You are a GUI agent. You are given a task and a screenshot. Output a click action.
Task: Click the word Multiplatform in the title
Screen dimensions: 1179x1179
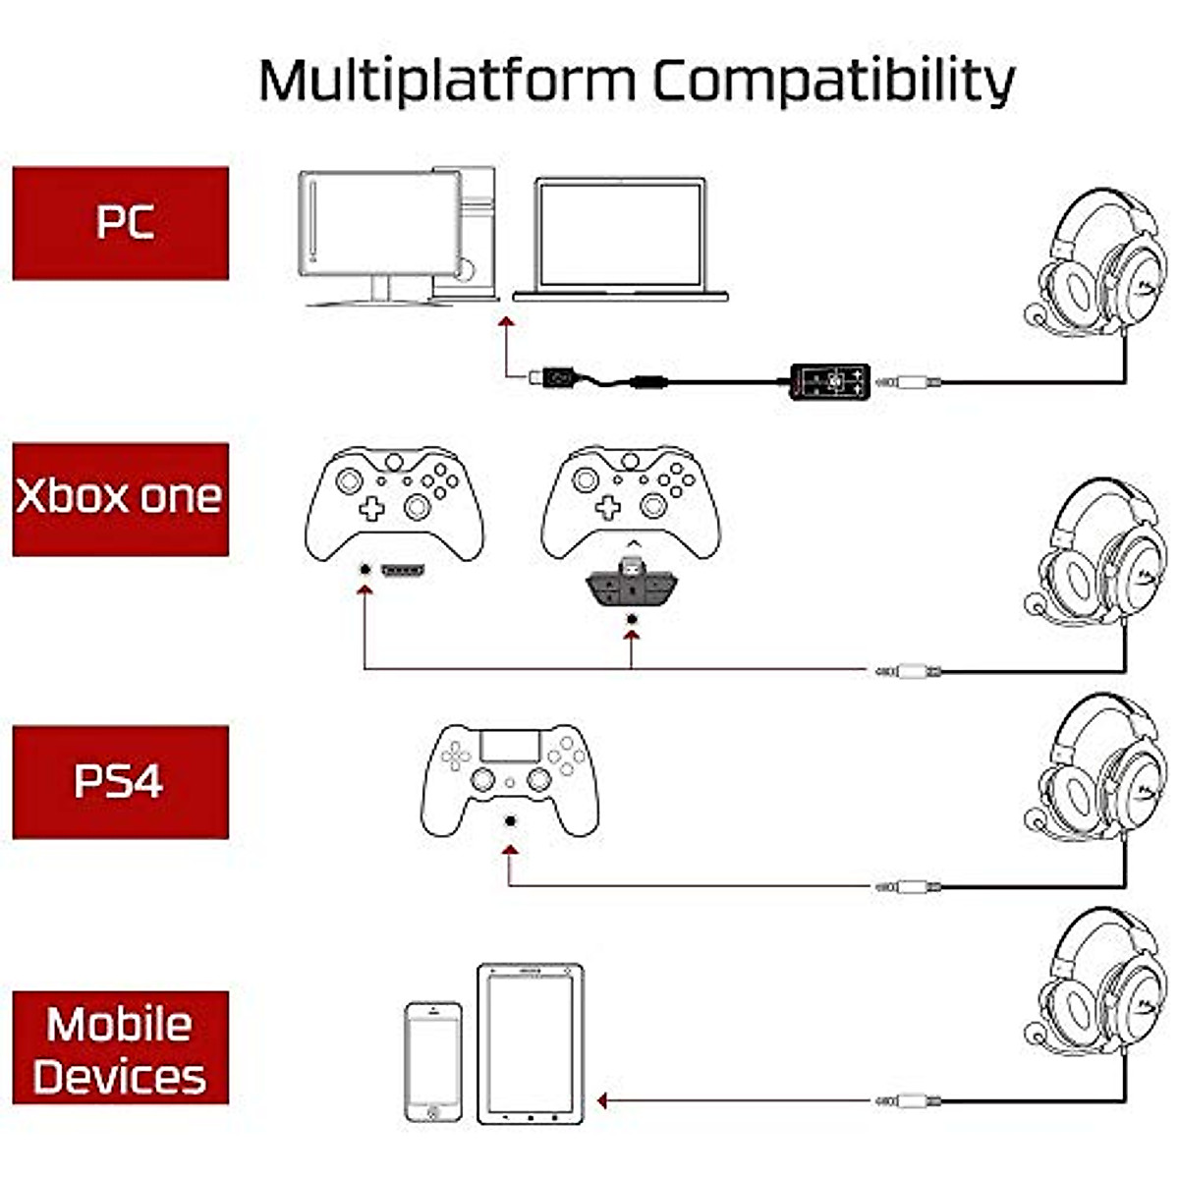point(447,81)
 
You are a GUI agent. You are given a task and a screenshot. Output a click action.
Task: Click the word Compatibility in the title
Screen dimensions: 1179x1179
point(833,81)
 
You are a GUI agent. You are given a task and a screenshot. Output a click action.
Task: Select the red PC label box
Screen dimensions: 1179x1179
point(121,223)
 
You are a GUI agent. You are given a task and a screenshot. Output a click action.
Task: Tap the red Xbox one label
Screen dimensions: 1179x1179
point(121,499)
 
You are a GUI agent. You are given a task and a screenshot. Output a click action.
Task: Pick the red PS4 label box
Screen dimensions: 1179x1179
point(121,782)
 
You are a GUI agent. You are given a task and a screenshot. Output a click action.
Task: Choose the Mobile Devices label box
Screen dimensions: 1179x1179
point(121,1048)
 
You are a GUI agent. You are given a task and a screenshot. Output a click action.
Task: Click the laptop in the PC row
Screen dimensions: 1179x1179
point(620,239)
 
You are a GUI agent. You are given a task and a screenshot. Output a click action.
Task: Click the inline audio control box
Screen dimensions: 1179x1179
point(830,381)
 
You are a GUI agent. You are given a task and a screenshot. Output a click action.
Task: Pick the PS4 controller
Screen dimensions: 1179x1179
point(510,777)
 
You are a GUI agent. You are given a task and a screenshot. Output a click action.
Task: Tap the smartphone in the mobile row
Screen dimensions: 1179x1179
point(433,1062)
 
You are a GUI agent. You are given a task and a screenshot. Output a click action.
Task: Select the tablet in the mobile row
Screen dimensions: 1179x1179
point(531,1043)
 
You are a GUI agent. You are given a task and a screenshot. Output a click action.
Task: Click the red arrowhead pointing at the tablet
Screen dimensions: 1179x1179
point(602,1101)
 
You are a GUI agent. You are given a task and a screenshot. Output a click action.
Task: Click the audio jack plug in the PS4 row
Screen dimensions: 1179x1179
point(907,886)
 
